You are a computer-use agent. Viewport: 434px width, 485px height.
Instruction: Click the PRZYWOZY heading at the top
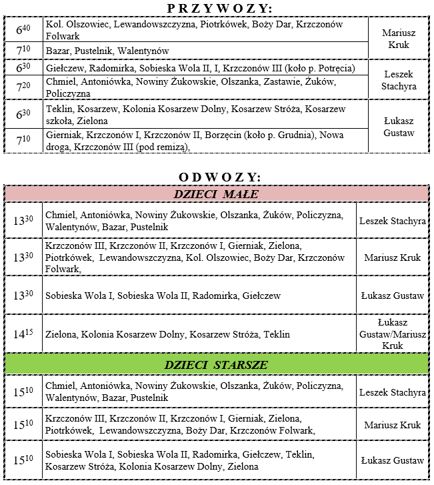point(217,7)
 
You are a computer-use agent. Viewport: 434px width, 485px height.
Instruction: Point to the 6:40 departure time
point(23,29)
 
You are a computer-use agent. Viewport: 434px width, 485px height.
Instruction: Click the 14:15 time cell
point(23,334)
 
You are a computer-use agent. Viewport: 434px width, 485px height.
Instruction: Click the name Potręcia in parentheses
point(335,69)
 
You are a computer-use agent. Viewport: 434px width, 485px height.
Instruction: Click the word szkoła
point(60,121)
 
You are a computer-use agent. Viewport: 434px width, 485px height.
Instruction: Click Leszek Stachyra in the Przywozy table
point(399,81)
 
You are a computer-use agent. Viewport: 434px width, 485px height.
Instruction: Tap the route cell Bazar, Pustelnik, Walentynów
point(107,51)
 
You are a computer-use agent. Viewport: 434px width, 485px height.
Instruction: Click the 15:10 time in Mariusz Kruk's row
point(23,425)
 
